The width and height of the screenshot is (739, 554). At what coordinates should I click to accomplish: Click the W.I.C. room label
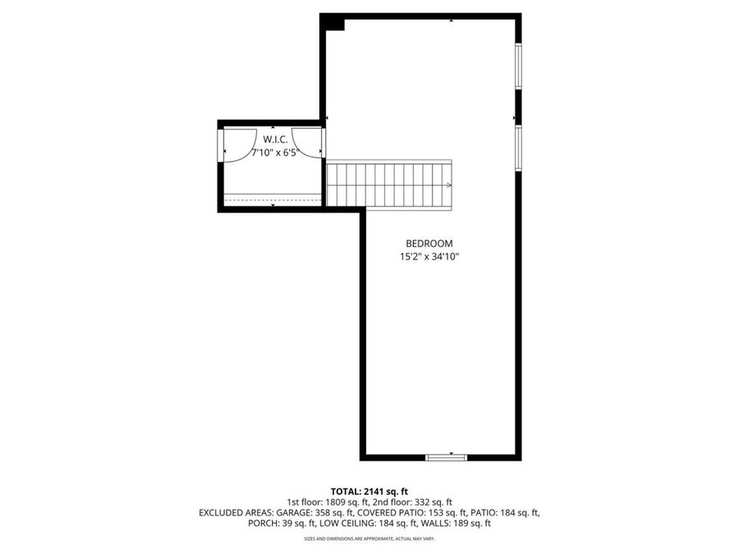coord(274,140)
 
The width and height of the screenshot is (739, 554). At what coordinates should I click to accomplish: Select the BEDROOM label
coord(429,243)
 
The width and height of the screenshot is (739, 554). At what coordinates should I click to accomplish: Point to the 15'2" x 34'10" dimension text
coord(429,257)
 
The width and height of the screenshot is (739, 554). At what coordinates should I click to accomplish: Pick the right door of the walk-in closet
coord(310,143)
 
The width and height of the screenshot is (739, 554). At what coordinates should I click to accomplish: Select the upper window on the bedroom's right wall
coord(517,65)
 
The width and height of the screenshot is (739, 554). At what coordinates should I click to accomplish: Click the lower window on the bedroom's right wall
coord(517,148)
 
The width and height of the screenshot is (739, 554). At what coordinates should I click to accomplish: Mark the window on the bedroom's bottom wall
coord(446,456)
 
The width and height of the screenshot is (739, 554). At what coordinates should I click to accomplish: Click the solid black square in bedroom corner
coord(334,22)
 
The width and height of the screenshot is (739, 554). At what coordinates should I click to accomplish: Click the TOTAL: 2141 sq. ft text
coord(369,490)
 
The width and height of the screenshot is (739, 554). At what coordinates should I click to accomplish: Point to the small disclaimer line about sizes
coord(369,538)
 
